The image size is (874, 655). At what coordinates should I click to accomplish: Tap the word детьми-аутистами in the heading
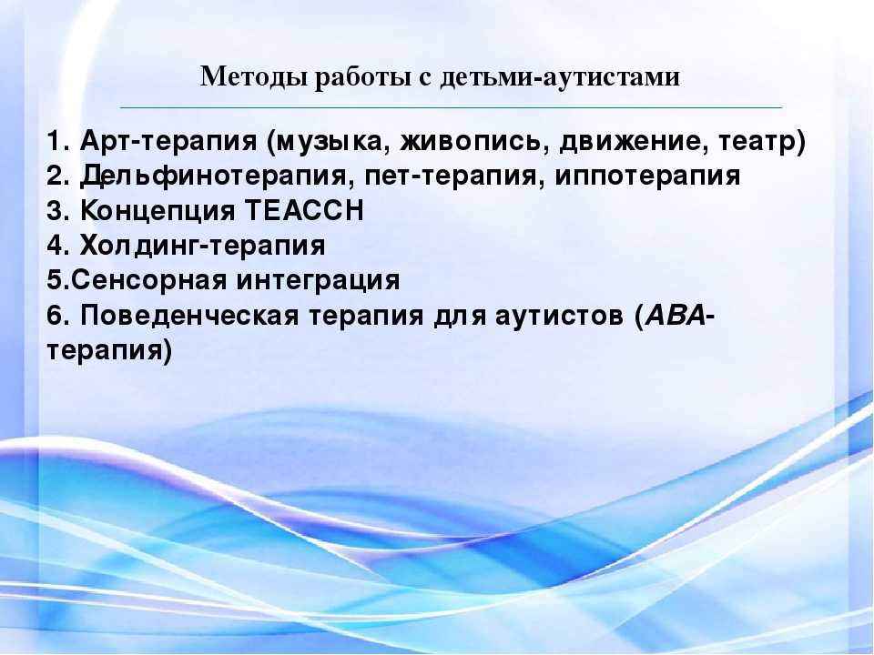560,76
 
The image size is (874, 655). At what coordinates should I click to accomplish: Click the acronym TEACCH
304,210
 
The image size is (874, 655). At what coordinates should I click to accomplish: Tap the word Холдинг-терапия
202,246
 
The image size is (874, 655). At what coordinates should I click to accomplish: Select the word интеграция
318,281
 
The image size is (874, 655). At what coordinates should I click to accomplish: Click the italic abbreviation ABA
675,316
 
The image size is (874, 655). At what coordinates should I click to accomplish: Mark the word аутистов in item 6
559,317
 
